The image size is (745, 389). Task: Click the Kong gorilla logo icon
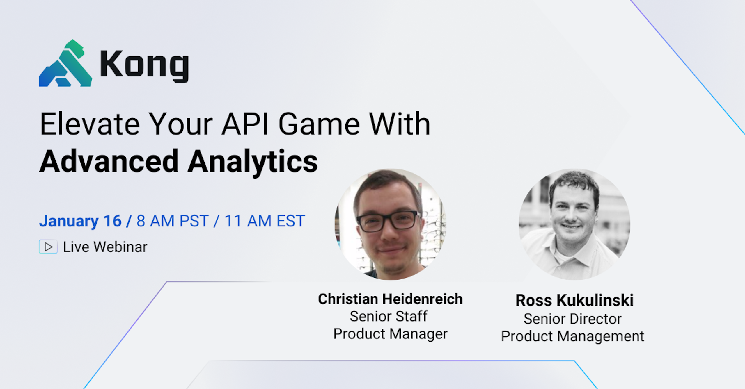click(65, 63)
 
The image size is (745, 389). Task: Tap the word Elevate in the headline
click(90, 124)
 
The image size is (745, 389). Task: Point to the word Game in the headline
click(319, 124)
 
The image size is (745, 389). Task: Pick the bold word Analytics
click(253, 163)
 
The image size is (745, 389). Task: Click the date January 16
click(80, 221)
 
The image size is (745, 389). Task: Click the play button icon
click(48, 247)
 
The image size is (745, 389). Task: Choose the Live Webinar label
click(105, 247)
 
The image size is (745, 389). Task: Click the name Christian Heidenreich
click(390, 299)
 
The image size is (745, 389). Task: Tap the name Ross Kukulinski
click(574, 300)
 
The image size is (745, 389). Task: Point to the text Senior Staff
click(389, 316)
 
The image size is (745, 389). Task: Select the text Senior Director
click(572, 319)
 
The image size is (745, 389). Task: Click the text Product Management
click(572, 336)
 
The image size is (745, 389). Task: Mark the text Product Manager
click(390, 334)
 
